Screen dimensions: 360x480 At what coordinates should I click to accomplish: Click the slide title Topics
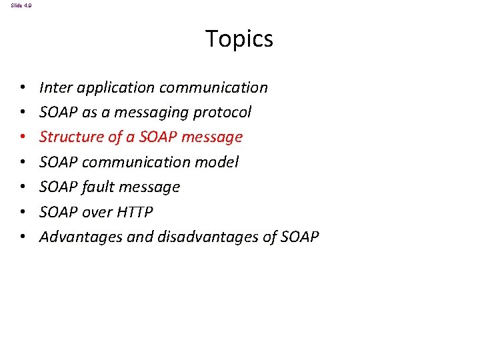(x=239, y=39)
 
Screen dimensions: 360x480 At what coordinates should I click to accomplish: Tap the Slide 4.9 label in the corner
(x=21, y=5)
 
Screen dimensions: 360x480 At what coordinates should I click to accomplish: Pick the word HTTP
(x=135, y=212)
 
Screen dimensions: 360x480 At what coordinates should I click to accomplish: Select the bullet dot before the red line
(x=23, y=137)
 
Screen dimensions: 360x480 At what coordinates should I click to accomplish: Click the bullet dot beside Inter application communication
(x=23, y=88)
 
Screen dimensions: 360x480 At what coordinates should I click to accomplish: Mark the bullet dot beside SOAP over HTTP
(x=23, y=213)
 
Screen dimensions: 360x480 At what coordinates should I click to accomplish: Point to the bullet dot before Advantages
(x=23, y=237)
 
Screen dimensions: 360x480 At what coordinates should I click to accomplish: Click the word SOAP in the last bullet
(x=299, y=237)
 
